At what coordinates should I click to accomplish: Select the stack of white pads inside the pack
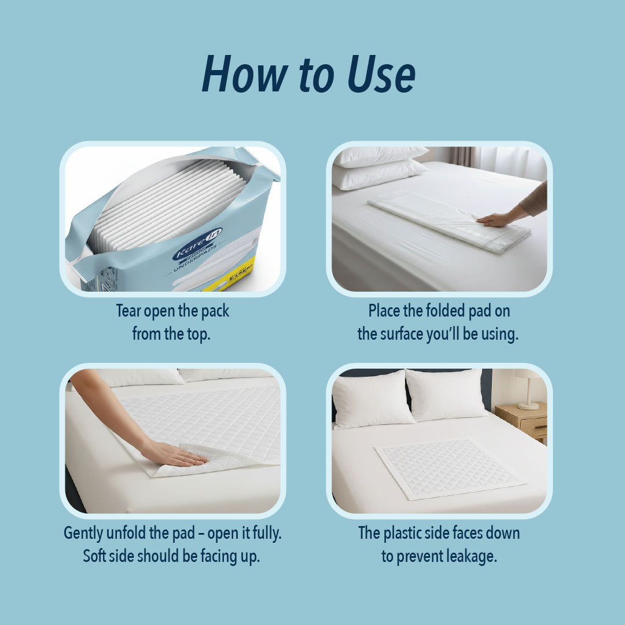(x=168, y=203)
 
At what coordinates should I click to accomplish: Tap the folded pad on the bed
(x=446, y=220)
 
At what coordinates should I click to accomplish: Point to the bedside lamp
(x=528, y=387)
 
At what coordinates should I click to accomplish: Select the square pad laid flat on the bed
(x=448, y=468)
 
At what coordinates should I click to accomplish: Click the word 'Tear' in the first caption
(x=128, y=311)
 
